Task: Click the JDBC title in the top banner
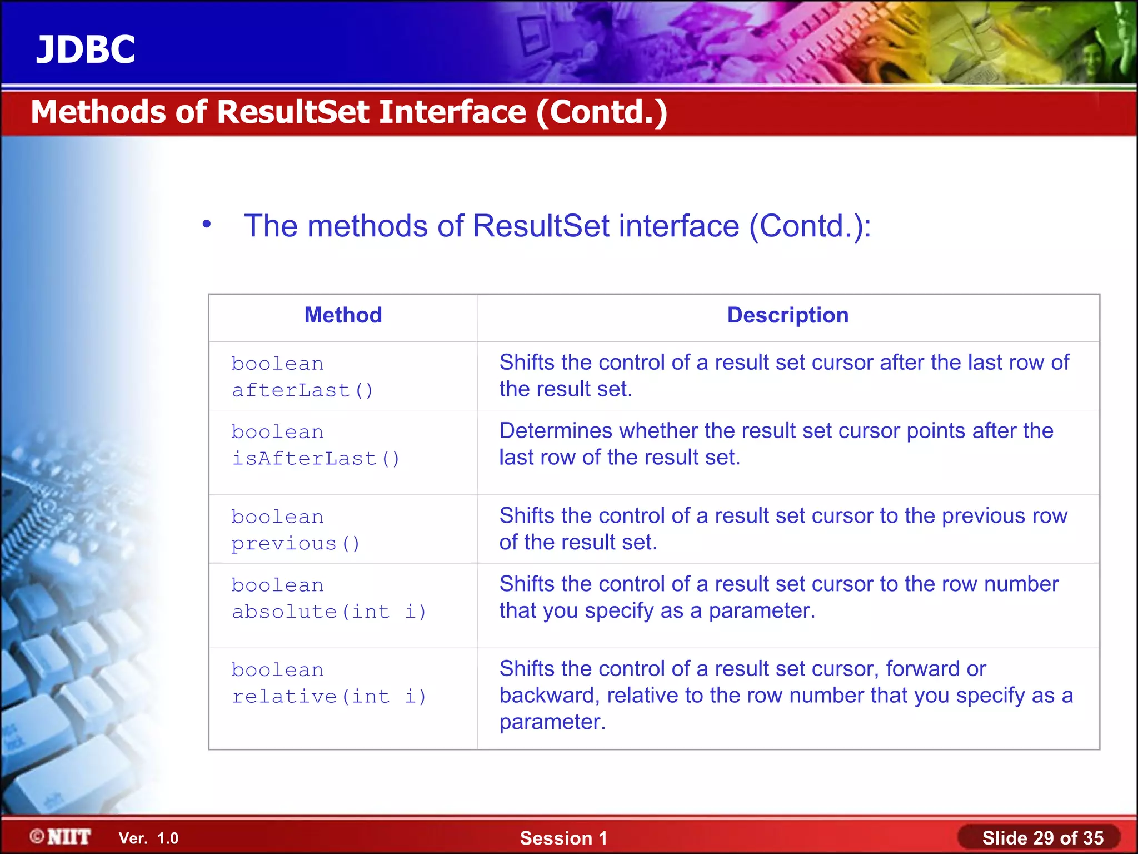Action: tap(86, 49)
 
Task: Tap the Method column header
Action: tap(343, 315)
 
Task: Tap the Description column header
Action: tap(787, 315)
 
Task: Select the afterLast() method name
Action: tap(302, 390)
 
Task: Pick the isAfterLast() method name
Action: tap(316, 459)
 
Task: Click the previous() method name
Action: tap(296, 544)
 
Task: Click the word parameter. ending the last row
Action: tap(552, 722)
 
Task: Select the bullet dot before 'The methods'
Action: tap(207, 224)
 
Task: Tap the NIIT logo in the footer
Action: tap(69, 837)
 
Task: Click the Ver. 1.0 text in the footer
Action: tap(148, 838)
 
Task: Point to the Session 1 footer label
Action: tap(563, 838)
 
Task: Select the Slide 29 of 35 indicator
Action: tap(1042, 838)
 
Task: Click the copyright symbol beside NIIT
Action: tap(37, 836)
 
